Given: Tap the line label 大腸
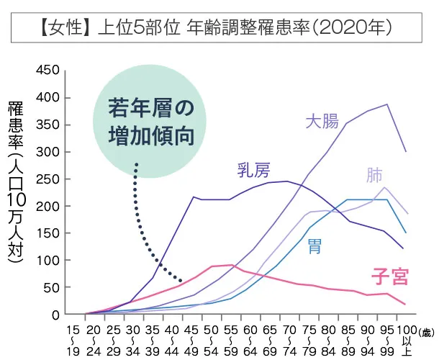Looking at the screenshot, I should click(321, 121).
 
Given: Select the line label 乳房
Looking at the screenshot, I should click(253, 171).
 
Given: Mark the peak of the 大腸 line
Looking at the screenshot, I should click(387, 104).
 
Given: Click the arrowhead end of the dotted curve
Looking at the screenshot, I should click(181, 281).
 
